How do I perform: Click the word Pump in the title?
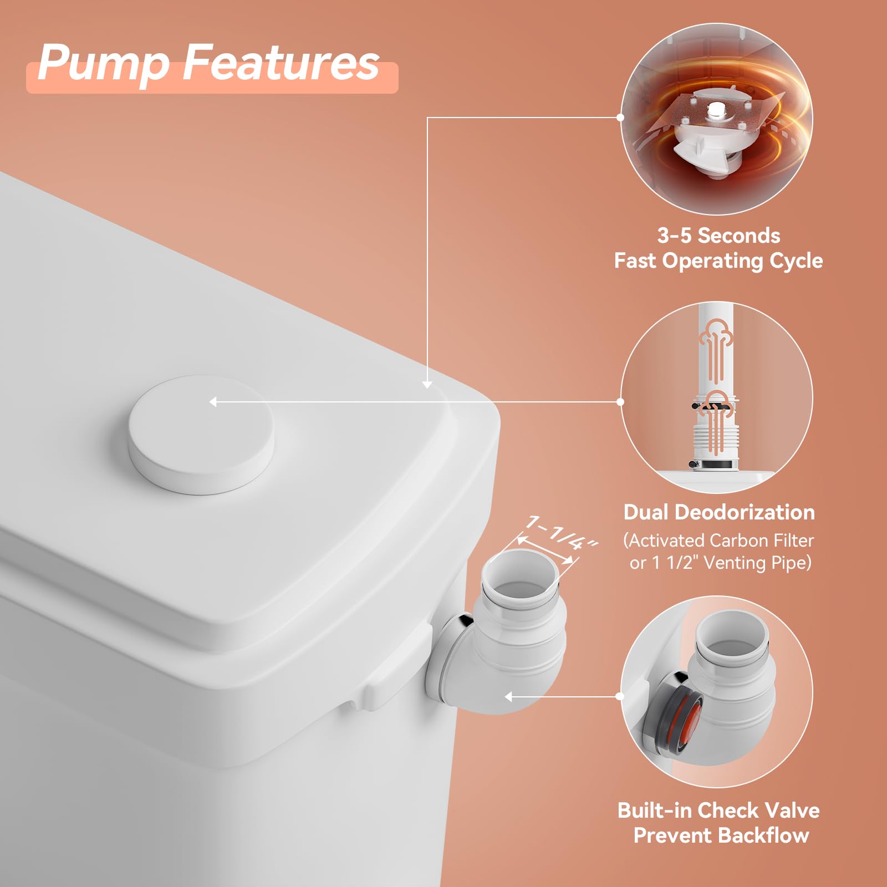coord(104,64)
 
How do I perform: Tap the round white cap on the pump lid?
coord(201,434)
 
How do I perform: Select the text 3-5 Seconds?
coord(718,236)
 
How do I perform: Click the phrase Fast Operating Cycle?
coord(718,261)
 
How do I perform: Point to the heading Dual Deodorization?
coord(719,512)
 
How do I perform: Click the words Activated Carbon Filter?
coord(721,540)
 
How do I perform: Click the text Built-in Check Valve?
coord(718,810)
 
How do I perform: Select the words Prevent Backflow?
coord(721,835)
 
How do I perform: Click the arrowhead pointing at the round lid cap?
coord(213,402)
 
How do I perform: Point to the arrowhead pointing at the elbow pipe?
coord(508,696)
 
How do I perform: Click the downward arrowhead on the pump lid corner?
coord(427,384)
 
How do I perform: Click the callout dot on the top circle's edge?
coord(620,118)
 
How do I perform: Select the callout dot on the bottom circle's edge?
coord(620,696)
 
